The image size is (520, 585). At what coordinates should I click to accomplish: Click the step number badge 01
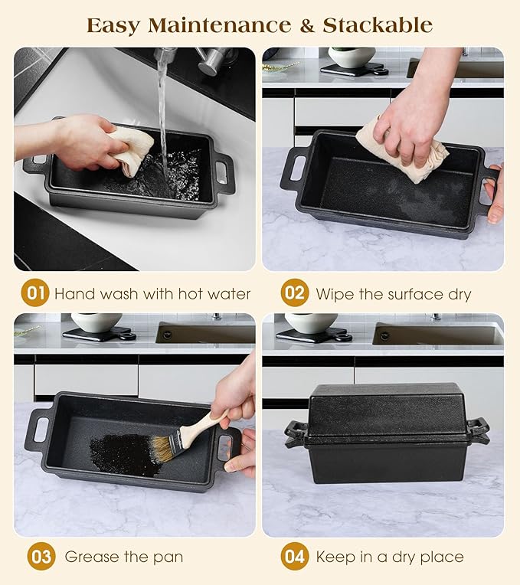coord(35,292)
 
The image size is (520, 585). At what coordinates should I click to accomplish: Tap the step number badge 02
coord(295,292)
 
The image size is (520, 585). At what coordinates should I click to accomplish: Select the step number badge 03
coord(41,556)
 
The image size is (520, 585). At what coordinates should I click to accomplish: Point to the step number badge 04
coord(295,556)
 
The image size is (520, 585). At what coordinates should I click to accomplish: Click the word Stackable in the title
coord(378,25)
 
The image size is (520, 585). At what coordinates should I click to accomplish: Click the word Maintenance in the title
coord(220,25)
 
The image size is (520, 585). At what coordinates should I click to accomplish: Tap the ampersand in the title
coord(307,25)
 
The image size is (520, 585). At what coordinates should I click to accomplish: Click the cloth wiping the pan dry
coord(402,149)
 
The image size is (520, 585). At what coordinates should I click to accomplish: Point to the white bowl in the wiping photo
coord(352,57)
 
